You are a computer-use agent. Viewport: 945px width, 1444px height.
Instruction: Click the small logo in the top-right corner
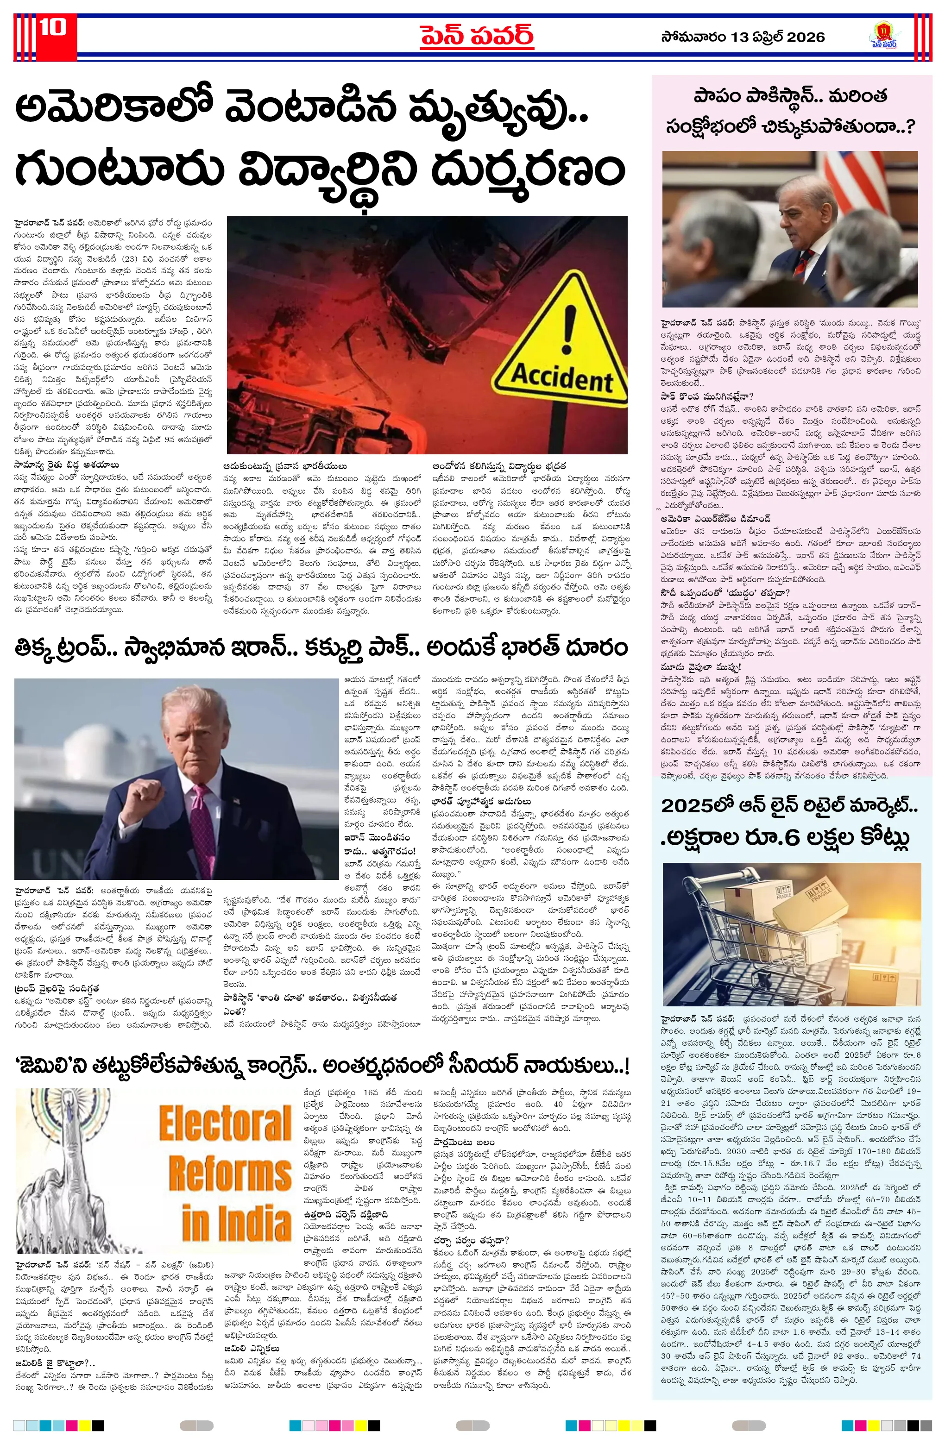(x=884, y=36)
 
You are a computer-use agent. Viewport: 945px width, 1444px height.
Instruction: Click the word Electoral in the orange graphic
(x=226, y=1123)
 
